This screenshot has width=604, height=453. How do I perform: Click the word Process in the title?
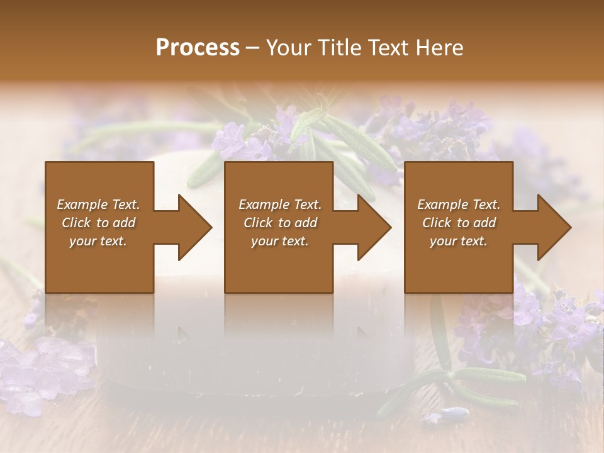pyautogui.click(x=198, y=48)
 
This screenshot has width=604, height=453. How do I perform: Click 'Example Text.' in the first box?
pyautogui.click(x=98, y=204)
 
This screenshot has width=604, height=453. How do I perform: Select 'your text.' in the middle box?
pyautogui.click(x=279, y=241)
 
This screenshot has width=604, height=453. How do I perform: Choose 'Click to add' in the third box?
pyautogui.click(x=459, y=223)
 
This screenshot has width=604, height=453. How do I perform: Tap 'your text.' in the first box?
pyautogui.click(x=98, y=241)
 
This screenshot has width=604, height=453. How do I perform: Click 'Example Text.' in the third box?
pyautogui.click(x=459, y=204)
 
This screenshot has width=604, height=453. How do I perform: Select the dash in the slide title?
pyautogui.click(x=252, y=48)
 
